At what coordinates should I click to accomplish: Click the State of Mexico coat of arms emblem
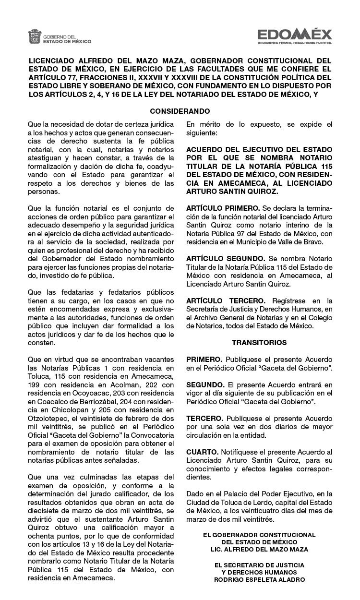coord(35,36)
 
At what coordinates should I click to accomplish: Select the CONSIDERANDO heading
coord(180,111)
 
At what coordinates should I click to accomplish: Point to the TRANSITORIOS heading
coord(259,343)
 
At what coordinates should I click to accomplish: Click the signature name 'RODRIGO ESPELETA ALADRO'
coord(259,579)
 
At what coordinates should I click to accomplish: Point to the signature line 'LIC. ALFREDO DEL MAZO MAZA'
coord(259,549)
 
